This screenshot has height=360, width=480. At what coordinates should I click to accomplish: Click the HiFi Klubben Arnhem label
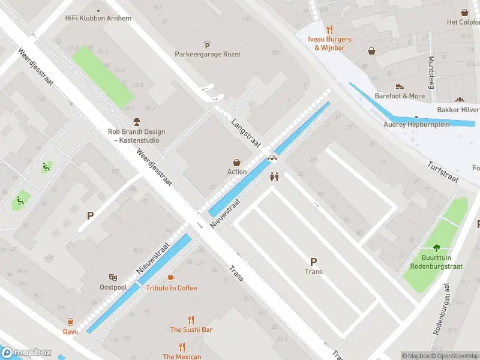(x=98, y=18)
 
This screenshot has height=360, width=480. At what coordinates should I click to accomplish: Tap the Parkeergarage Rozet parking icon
(x=207, y=44)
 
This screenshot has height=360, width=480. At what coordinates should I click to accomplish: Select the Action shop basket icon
(x=237, y=162)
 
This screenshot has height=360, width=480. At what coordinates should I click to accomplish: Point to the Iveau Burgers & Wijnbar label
(x=329, y=43)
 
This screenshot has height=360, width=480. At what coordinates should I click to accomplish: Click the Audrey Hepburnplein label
(x=416, y=125)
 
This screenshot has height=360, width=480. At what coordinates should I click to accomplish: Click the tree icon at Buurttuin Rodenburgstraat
(x=436, y=248)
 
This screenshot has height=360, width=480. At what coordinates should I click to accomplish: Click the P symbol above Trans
(x=313, y=261)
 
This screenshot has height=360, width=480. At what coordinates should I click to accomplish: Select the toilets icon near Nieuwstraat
(x=275, y=177)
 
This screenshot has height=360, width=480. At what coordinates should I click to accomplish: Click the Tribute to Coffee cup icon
(x=171, y=278)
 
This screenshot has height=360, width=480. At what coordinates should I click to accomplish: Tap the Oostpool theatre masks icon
(x=113, y=277)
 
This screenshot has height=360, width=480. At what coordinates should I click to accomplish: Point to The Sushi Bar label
(x=191, y=329)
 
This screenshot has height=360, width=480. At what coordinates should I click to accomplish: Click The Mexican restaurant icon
(x=182, y=346)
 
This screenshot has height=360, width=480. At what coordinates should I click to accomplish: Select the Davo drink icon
(x=70, y=322)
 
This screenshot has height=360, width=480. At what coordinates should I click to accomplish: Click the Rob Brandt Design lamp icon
(x=136, y=122)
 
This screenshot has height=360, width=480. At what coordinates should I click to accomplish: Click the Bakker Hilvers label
(x=458, y=110)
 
